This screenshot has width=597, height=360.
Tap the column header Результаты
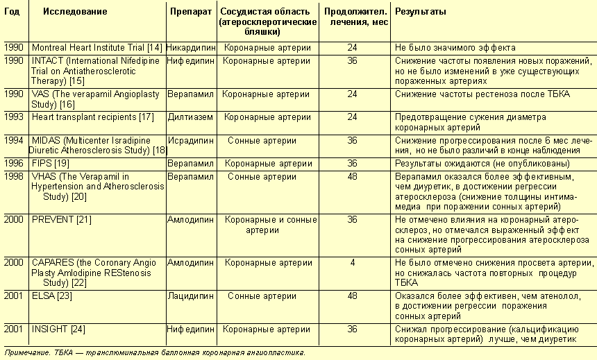click(x=420, y=12)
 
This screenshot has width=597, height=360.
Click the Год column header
click(x=12, y=12)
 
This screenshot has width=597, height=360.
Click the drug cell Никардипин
click(x=192, y=48)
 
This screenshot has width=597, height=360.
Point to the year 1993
click(x=13, y=117)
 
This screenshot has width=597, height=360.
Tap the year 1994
click(x=13, y=140)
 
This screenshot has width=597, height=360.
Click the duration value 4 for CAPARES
click(x=352, y=263)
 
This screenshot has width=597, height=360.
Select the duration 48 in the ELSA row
click(x=352, y=296)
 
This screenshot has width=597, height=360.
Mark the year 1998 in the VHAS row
click(x=13, y=177)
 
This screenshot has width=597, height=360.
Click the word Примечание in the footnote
click(x=26, y=352)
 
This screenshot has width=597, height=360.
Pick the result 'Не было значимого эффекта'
click(x=455, y=48)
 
